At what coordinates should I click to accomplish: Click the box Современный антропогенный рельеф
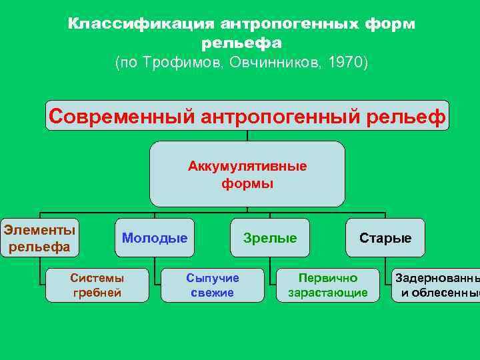pos(247,116)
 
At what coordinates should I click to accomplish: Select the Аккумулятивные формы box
pos(247,174)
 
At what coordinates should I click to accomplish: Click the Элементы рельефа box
pos(39,238)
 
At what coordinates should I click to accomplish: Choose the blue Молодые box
pos(155,238)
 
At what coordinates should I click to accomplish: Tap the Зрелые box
pos(270,238)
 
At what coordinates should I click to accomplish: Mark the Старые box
pos(385,238)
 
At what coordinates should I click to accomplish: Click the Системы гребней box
pos(97,285)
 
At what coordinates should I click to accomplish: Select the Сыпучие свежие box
pos(213,285)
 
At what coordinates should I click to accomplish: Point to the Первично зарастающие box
pos(328,285)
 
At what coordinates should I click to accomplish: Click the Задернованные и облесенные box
pos(437,285)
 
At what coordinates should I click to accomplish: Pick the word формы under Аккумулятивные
pos(247,183)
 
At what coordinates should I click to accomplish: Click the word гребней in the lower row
pos(97,293)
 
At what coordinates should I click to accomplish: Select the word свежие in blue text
pos(213,293)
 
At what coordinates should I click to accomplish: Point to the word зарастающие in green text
pos(328,293)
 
